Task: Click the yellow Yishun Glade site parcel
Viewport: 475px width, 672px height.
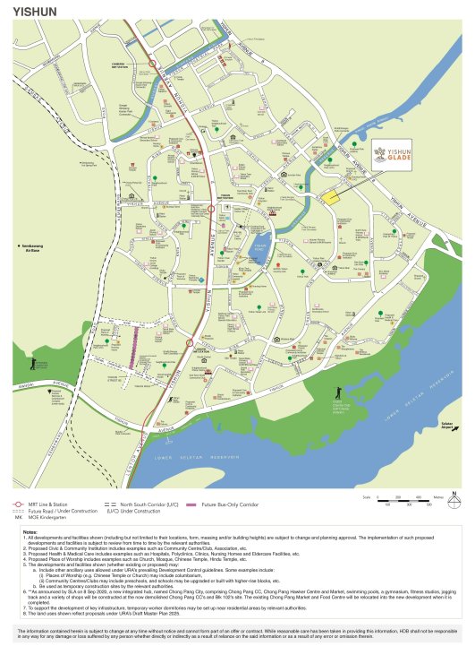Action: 332,198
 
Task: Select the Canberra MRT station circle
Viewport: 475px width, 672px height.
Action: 152,64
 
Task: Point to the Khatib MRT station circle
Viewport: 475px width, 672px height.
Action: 189,342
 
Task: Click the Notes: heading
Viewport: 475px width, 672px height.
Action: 30,531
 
